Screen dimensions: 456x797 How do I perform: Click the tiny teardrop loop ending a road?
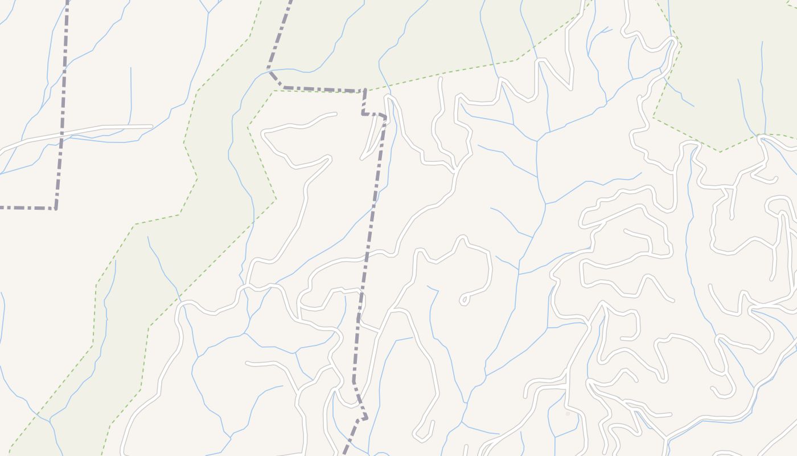tap(465, 299)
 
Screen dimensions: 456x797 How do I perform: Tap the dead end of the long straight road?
tap(151, 126)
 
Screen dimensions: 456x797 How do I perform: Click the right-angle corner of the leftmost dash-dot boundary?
tap(56, 208)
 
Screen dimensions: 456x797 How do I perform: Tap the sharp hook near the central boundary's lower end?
tap(365, 418)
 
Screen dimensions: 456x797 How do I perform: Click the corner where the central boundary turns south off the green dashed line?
tap(364, 90)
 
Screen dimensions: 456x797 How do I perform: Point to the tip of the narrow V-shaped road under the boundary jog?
tap(363, 158)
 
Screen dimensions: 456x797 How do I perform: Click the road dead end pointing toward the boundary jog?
tap(335, 114)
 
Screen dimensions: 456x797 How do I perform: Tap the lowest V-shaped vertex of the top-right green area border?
tap(720, 152)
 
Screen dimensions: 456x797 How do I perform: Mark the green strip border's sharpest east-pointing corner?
tap(276, 199)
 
